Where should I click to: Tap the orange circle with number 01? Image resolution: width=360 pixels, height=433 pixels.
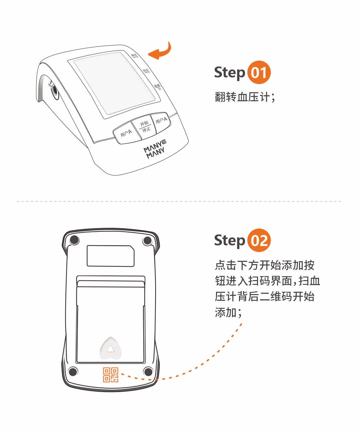point(259,73)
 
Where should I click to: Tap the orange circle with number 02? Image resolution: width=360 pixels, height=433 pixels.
point(259,240)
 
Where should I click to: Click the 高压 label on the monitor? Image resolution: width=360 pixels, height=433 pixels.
point(134,56)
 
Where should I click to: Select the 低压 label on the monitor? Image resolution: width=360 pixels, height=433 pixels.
point(146,71)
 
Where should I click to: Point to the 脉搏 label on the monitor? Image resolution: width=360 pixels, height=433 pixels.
point(157,87)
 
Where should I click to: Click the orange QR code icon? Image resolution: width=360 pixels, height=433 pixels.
point(110,375)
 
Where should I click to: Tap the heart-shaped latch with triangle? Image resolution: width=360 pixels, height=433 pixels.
point(111,348)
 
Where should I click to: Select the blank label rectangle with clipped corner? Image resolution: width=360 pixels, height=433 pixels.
point(110,256)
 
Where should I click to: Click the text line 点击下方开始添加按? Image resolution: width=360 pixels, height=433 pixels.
point(265,265)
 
